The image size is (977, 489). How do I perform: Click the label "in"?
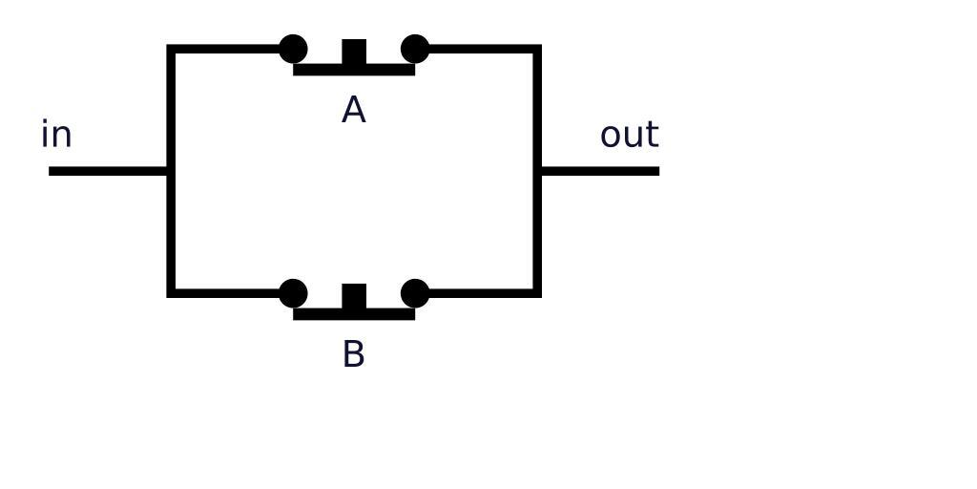click(56, 135)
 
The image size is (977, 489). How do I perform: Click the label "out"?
click(629, 135)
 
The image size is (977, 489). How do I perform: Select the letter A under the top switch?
click(353, 111)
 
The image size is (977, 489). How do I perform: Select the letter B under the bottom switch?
click(353, 354)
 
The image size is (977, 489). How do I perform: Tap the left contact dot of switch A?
click(293, 49)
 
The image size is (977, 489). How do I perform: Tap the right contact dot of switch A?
click(415, 49)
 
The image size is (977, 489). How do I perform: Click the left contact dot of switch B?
click(293, 293)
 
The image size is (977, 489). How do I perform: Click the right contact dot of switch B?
click(415, 293)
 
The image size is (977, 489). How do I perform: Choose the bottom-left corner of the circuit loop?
click(171, 293)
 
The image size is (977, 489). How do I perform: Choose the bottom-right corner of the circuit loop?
click(538, 293)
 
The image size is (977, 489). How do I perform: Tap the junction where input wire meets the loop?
click(171, 171)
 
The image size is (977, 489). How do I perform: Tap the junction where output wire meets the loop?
click(538, 171)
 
